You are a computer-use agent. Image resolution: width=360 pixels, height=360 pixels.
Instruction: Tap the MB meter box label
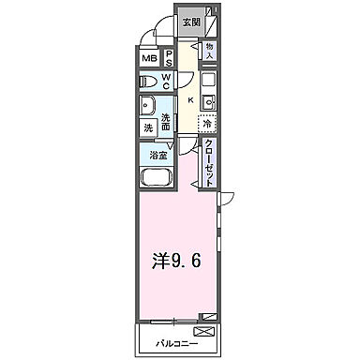click(x=149, y=59)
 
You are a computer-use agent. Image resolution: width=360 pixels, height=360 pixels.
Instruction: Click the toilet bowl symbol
click(x=147, y=82)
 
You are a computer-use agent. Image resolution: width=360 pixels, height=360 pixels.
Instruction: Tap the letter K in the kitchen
click(x=190, y=101)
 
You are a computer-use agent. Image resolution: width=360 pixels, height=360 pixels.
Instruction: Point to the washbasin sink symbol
click(x=147, y=105)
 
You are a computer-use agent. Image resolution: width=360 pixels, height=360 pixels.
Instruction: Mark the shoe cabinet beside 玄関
click(x=213, y=21)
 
